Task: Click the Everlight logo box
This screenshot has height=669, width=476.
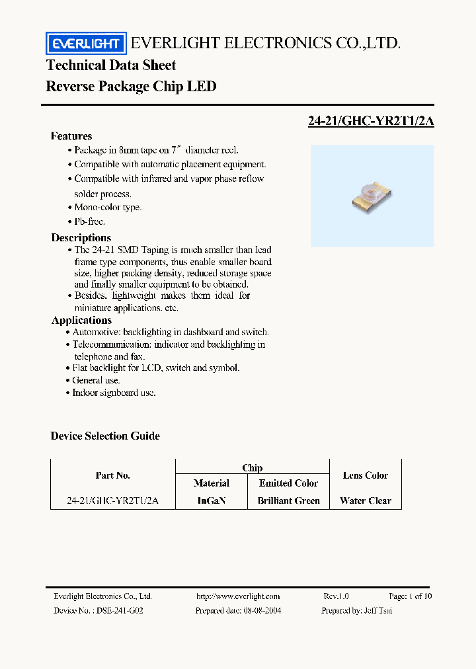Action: pyautogui.click(x=85, y=44)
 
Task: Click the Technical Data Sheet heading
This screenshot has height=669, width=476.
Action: pyautogui.click(x=111, y=65)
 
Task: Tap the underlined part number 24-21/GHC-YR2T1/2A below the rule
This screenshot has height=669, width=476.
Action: pyautogui.click(x=371, y=121)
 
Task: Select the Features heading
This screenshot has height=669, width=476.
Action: pyautogui.click(x=71, y=136)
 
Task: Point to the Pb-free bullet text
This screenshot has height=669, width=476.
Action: pyautogui.click(x=89, y=221)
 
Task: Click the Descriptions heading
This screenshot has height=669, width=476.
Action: pyautogui.click(x=81, y=237)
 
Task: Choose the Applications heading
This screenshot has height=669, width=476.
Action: pyautogui.click(x=81, y=320)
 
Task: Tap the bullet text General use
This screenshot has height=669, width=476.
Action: pyautogui.click(x=96, y=380)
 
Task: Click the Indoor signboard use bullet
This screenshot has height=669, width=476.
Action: pyautogui.click(x=114, y=393)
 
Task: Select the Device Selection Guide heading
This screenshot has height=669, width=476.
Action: pyautogui.click(x=105, y=436)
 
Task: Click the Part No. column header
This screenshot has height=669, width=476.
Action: pyautogui.click(x=113, y=475)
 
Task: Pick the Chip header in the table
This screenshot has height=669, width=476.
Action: pyautogui.click(x=252, y=467)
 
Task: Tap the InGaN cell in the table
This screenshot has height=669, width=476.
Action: pyautogui.click(x=212, y=500)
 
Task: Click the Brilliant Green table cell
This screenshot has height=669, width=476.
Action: pyautogui.click(x=288, y=500)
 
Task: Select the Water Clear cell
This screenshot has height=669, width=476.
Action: pyautogui.click(x=366, y=500)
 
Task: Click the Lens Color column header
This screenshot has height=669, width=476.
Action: pyautogui.click(x=366, y=475)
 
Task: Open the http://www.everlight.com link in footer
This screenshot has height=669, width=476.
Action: pyautogui.click(x=238, y=596)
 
